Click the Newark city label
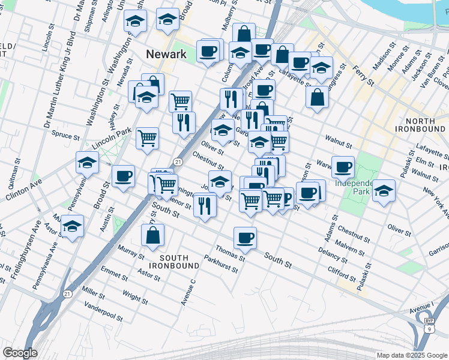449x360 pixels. (166, 54)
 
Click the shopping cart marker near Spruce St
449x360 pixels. (147, 138)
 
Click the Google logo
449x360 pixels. (20, 353)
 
